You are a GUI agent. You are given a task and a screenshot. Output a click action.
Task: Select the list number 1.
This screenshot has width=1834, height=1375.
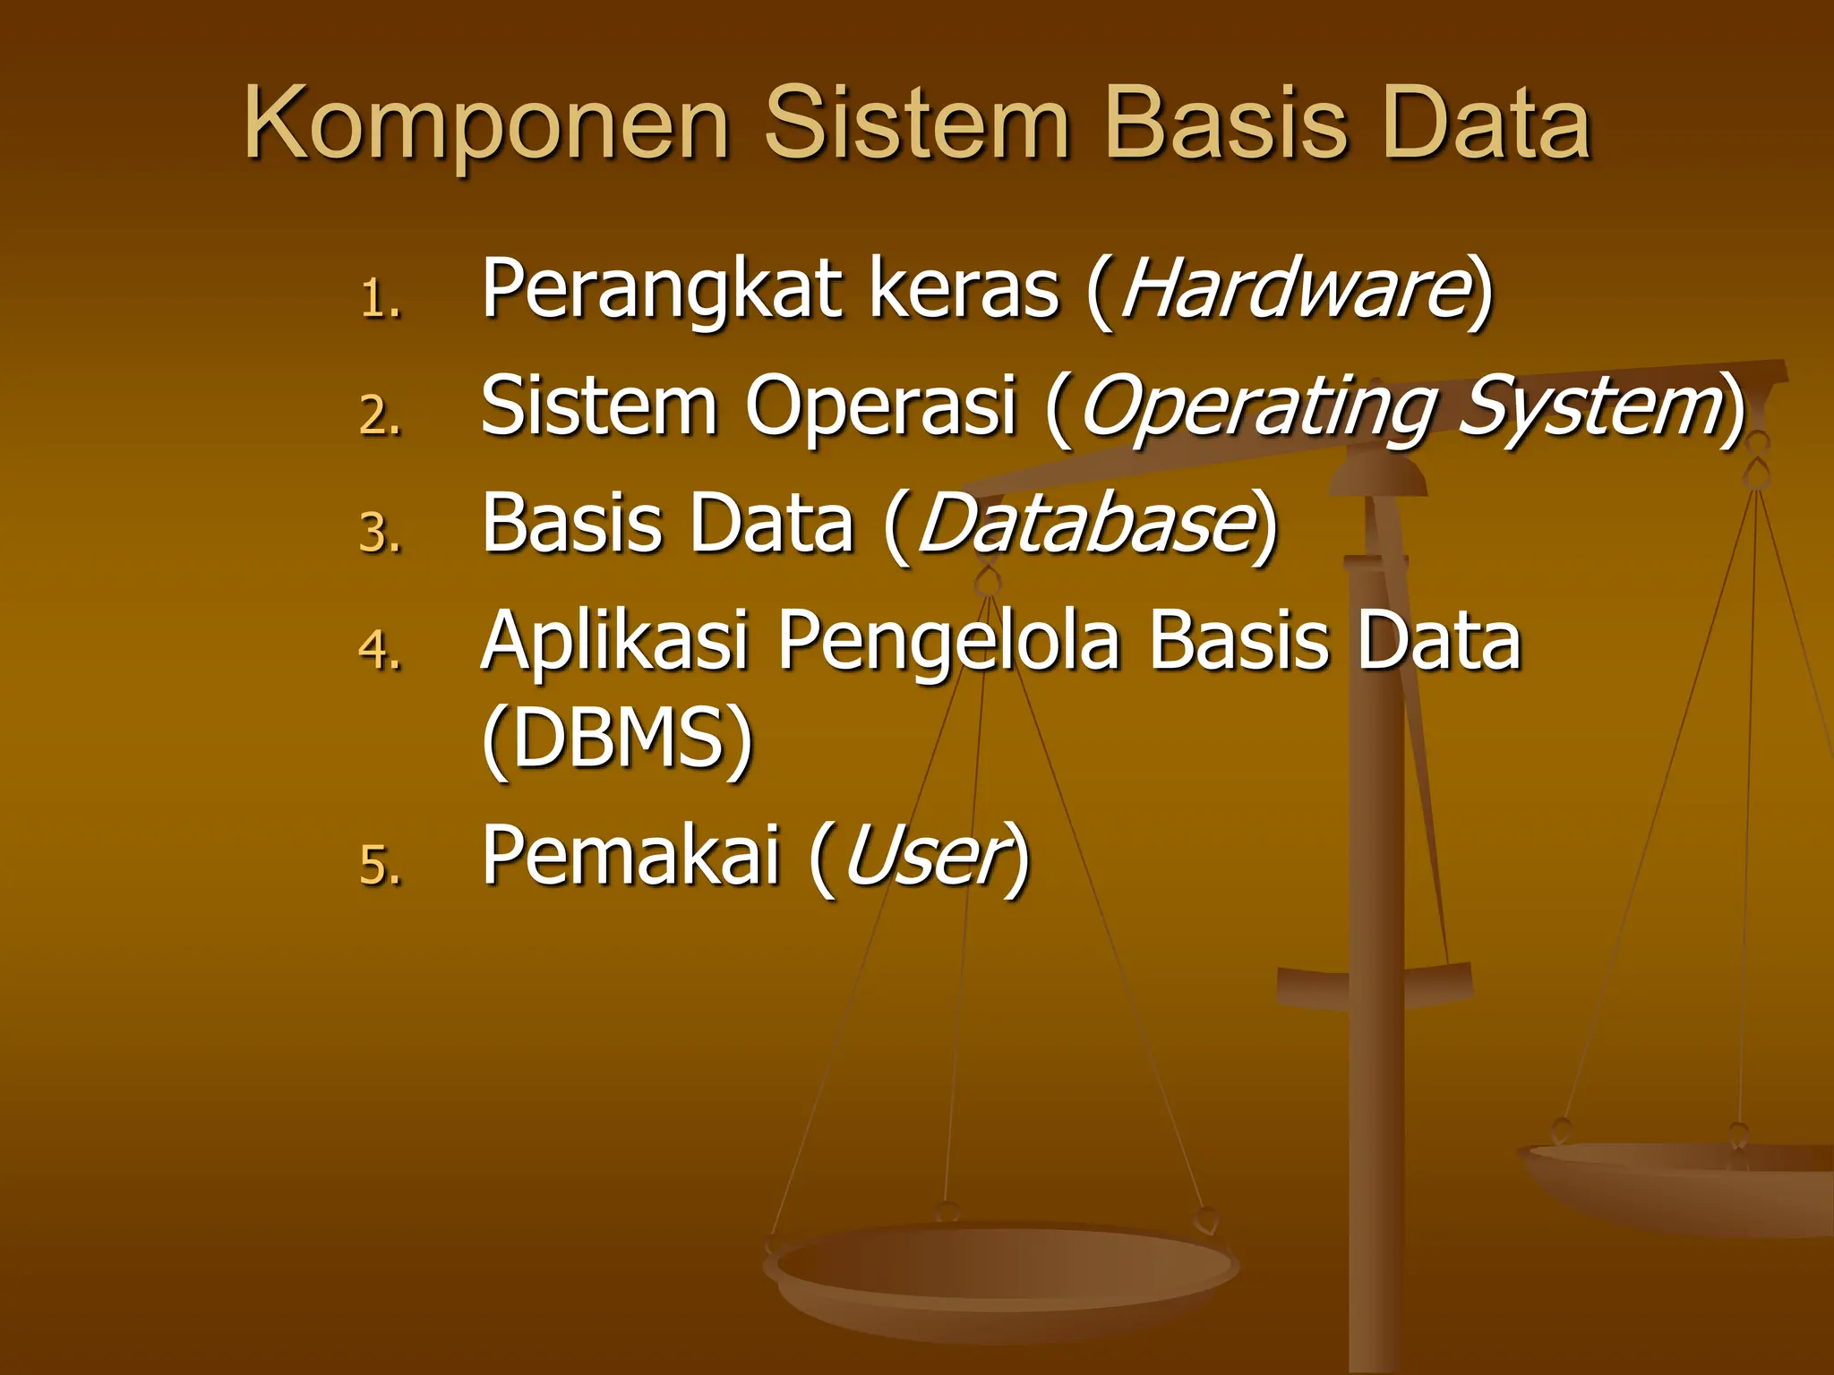pyautogui.click(x=380, y=299)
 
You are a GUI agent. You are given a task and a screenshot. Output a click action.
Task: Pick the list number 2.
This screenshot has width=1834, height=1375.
pyautogui.click(x=380, y=415)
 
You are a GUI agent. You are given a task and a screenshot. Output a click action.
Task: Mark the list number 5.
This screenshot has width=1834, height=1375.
pyautogui.click(x=380, y=866)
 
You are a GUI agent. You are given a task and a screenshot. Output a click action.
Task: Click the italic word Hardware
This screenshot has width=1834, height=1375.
pyautogui.click(x=1292, y=289)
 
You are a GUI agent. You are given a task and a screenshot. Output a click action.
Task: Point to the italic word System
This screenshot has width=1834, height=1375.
pyautogui.click(x=1590, y=408)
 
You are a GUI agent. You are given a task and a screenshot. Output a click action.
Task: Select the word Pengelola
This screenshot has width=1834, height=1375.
pyautogui.click(x=948, y=643)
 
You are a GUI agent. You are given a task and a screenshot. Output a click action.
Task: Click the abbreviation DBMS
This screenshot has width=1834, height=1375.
pyautogui.click(x=618, y=738)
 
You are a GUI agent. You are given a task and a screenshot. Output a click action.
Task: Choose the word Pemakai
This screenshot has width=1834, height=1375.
pyautogui.click(x=630, y=856)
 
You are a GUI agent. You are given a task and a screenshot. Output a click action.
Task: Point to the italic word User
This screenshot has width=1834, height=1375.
pyautogui.click(x=922, y=856)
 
